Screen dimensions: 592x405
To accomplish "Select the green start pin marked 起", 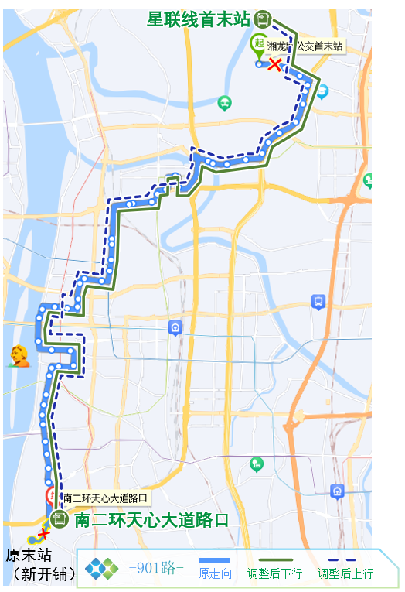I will click(x=258, y=43).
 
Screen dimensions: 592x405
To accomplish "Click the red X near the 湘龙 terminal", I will click(x=274, y=65).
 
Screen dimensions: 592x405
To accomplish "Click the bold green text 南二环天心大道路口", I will click(x=152, y=520).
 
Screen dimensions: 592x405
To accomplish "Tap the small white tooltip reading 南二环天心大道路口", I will click(x=104, y=498).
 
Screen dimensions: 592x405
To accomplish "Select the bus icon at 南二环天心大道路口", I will click(x=60, y=519).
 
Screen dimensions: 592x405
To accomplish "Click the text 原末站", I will click(x=29, y=555).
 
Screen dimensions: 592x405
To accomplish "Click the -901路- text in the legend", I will click(x=156, y=569).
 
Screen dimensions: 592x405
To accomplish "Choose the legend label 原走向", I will click(x=215, y=573).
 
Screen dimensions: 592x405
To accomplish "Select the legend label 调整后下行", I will click(x=274, y=573).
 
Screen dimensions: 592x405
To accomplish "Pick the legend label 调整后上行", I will click(x=345, y=573).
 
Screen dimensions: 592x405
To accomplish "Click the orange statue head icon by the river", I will click(x=19, y=355).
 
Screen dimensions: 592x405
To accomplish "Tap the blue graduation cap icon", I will click(x=317, y=302).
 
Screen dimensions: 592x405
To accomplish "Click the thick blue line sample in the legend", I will click(x=215, y=559).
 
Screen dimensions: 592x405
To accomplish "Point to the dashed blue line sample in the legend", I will click(x=345, y=559).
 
